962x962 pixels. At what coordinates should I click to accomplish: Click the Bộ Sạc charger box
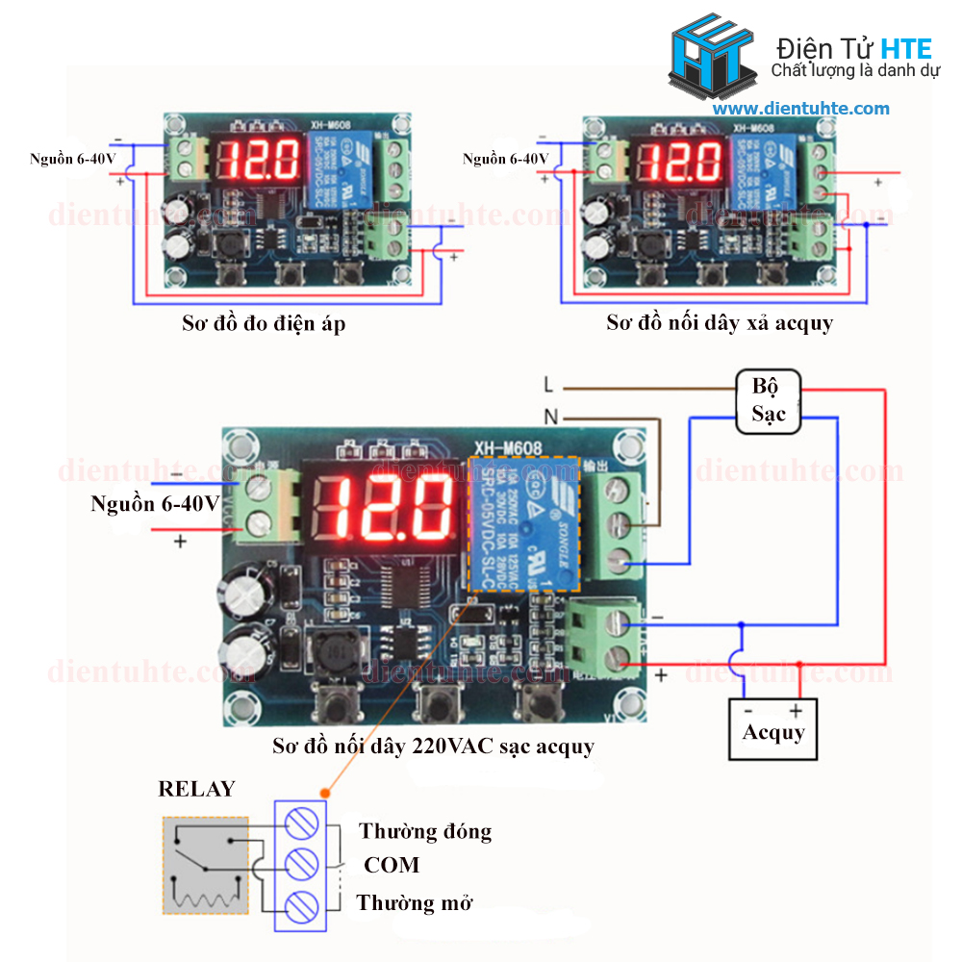tap(769, 401)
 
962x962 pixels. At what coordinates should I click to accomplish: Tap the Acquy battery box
tap(772, 728)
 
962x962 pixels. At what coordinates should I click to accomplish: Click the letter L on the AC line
tap(548, 386)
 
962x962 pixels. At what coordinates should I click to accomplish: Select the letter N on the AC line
tap(549, 418)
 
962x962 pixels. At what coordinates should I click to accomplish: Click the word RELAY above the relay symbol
tap(196, 790)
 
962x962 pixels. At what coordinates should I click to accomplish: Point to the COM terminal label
tap(392, 865)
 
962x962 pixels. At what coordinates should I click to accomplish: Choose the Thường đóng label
tap(425, 831)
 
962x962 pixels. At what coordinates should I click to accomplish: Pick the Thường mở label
tap(415, 903)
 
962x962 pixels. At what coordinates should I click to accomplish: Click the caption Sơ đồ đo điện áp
tap(264, 323)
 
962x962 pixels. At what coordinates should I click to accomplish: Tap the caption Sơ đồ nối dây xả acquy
tap(720, 323)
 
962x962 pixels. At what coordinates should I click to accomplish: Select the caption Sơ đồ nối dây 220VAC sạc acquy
tap(433, 746)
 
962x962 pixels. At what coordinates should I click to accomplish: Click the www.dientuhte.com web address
tap(801, 109)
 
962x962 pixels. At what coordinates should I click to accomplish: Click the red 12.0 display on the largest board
tap(385, 507)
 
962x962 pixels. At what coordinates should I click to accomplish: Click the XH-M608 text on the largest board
tap(508, 447)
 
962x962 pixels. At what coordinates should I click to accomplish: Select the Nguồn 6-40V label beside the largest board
tap(155, 503)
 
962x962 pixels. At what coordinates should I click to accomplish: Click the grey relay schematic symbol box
tap(204, 866)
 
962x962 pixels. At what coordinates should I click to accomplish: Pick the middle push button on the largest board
tap(436, 703)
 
